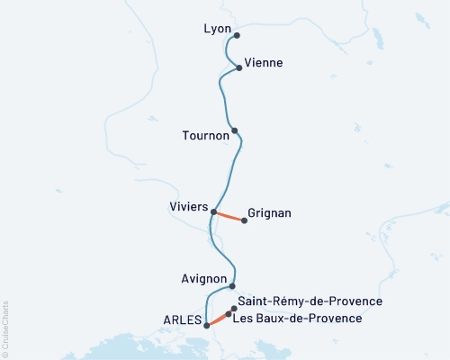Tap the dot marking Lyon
click(x=237, y=36)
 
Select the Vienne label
click(x=265, y=63)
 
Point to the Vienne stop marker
click(x=239, y=67)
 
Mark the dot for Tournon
click(x=235, y=130)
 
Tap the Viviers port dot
click(x=213, y=212)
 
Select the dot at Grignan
click(x=244, y=220)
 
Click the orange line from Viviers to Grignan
click(x=229, y=216)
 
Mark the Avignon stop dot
click(x=233, y=286)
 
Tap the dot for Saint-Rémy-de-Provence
click(x=234, y=309)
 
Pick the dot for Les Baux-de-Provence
click(x=229, y=315)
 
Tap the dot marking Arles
click(x=207, y=326)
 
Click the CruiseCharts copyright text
click(x=5, y=328)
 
